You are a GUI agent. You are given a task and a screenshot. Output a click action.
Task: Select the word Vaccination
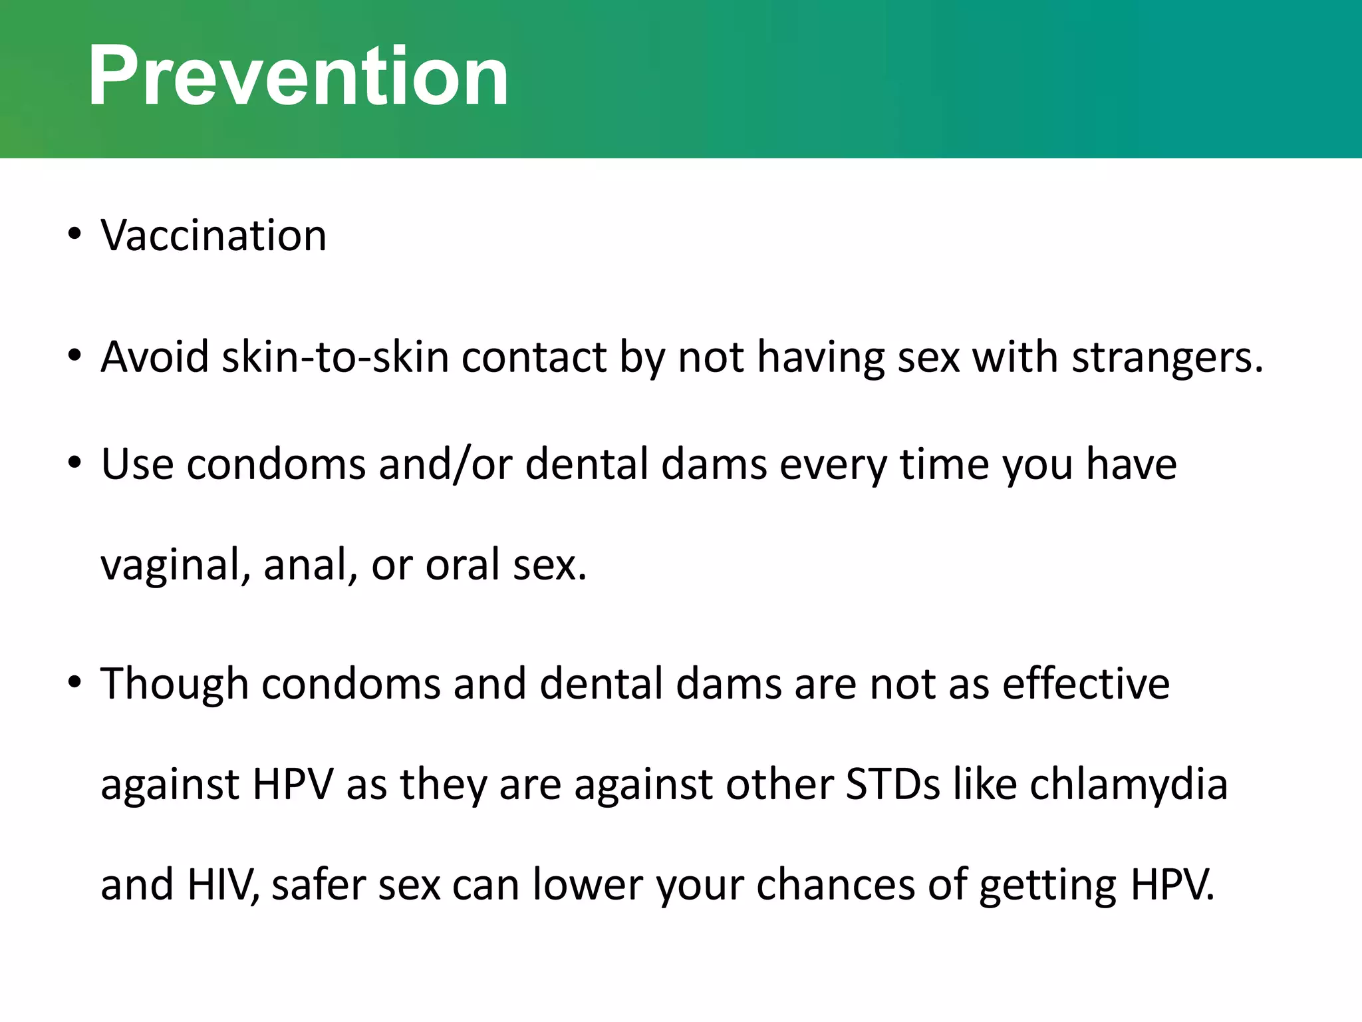(x=213, y=236)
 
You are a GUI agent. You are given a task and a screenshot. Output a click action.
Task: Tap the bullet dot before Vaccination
(x=74, y=234)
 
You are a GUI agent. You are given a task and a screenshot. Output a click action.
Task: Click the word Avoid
(x=154, y=357)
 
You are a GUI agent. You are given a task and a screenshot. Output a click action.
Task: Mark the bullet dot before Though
(x=74, y=682)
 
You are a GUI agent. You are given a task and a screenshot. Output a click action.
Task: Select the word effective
(x=1085, y=684)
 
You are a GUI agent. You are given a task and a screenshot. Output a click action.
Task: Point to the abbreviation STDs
(x=892, y=784)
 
